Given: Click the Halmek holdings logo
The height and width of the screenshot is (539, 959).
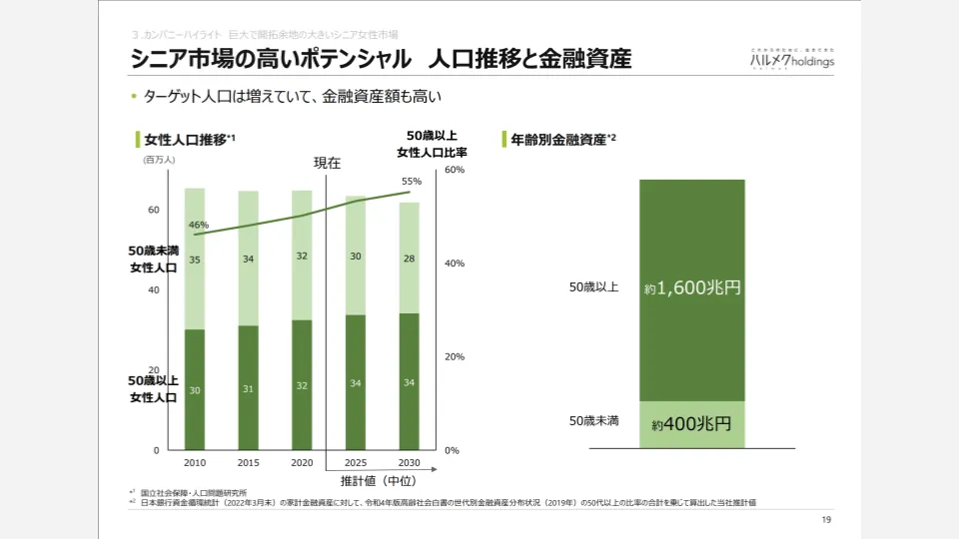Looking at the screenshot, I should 792,58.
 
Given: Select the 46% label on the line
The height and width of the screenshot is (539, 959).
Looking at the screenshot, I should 198,225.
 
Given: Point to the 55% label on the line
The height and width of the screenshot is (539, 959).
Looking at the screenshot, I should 412,182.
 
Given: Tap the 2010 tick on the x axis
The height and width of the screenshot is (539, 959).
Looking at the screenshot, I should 195,463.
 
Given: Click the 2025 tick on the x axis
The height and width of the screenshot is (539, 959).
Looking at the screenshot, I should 356,463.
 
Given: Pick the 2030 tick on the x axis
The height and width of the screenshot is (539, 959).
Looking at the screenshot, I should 409,463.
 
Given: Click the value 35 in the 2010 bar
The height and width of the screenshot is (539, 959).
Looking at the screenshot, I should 195,260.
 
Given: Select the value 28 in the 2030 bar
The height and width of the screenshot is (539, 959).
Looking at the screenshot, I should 409,258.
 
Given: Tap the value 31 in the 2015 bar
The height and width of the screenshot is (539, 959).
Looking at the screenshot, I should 248,389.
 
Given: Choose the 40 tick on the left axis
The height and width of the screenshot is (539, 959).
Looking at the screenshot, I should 154,290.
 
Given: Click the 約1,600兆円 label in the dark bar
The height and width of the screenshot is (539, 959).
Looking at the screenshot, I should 692,289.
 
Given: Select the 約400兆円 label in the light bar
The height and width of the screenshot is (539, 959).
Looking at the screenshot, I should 692,424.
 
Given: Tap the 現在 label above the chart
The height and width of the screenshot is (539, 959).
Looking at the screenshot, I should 328,163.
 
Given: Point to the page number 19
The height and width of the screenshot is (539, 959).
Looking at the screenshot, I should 825,520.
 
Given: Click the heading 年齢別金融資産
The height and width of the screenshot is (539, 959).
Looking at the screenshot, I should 559,140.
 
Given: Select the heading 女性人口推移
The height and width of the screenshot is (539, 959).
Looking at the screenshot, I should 186,140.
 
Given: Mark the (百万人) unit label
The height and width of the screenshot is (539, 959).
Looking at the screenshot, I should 159,160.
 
